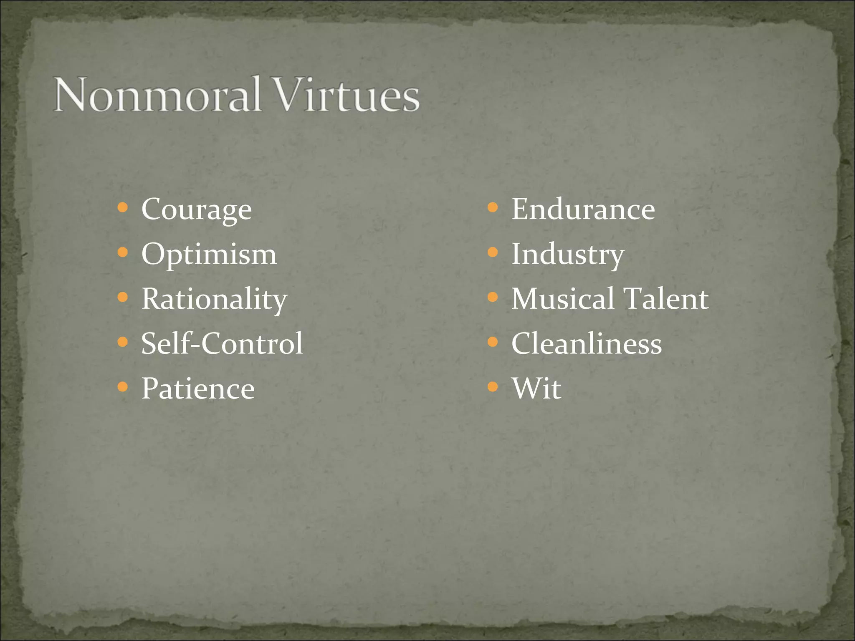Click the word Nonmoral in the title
pyautogui.click(x=158, y=95)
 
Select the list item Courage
pyautogui.click(x=197, y=209)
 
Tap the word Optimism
pyautogui.click(x=209, y=254)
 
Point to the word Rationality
pyautogui.click(x=214, y=299)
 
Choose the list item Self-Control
pyautogui.click(x=222, y=343)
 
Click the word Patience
pyautogui.click(x=198, y=389)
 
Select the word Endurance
pyautogui.click(x=583, y=209)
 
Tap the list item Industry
pyautogui.click(x=568, y=254)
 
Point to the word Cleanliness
pyautogui.click(x=587, y=344)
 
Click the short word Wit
pyautogui.click(x=536, y=389)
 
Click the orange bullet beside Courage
pyautogui.click(x=122, y=207)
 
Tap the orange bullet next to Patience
pyautogui.click(x=122, y=387)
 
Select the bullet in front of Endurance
pyautogui.click(x=493, y=207)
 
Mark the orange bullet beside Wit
pyautogui.click(x=493, y=387)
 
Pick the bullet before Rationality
pyautogui.click(x=122, y=297)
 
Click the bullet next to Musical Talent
pyautogui.click(x=493, y=297)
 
